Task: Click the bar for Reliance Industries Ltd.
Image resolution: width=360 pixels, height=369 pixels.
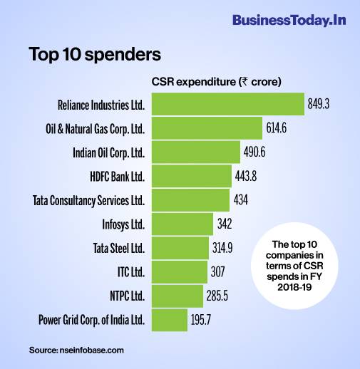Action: [227, 105]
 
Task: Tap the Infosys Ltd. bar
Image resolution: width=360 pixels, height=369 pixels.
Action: [181, 224]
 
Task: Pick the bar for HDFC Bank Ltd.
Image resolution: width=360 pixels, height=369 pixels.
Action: [190, 176]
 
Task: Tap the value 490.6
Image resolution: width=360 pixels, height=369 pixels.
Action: [259, 152]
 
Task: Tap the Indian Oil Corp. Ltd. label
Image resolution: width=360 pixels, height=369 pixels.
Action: [109, 152]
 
